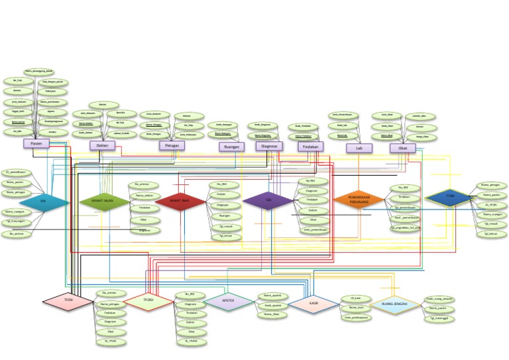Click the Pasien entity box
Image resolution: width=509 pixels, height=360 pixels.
point(36,143)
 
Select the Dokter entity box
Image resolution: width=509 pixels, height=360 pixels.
point(103,145)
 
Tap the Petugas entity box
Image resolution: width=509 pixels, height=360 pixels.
point(171,145)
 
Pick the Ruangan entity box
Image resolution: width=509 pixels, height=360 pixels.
point(231,147)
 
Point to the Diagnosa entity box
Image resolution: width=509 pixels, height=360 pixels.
point(269,146)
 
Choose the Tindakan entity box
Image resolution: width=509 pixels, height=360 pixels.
point(310,147)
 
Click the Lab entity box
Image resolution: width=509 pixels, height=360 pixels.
point(359,149)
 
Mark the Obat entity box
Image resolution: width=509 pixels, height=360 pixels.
point(402,148)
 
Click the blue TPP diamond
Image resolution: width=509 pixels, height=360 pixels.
point(44,202)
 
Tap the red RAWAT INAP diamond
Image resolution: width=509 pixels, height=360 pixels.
point(180,201)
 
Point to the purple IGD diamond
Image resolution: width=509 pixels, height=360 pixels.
point(268,200)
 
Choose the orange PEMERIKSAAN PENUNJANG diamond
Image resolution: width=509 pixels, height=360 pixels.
point(358,199)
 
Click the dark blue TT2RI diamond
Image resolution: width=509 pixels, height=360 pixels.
point(450,196)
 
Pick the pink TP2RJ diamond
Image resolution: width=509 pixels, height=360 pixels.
point(68,301)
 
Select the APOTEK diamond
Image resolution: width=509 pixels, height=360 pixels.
point(228,301)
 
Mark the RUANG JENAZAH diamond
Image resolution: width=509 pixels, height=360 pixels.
point(394,304)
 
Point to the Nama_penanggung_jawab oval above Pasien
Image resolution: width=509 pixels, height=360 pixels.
point(38,70)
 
